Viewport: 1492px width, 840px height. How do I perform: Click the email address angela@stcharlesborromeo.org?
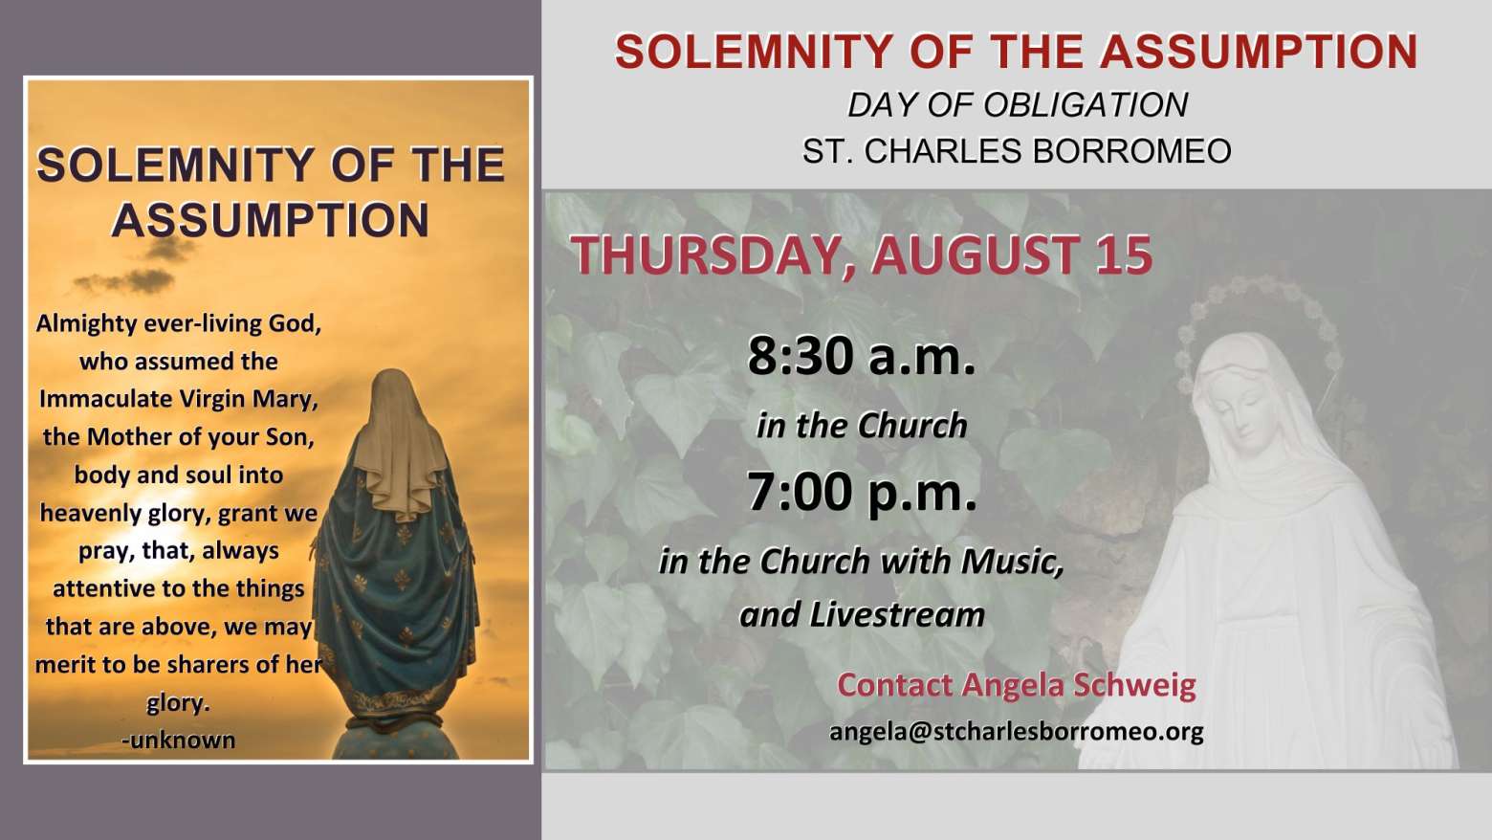click(x=1017, y=732)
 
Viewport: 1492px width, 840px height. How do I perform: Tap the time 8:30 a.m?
click(x=861, y=356)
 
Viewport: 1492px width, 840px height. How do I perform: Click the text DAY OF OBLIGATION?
click(x=1017, y=104)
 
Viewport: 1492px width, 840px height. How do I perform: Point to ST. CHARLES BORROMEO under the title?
click(x=1017, y=150)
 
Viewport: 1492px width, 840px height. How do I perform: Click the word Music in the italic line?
click(x=1012, y=562)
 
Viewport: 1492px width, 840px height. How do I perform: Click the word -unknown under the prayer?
click(x=179, y=741)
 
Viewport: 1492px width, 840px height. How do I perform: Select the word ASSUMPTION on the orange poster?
click(x=271, y=220)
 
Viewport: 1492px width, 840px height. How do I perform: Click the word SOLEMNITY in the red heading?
click(x=754, y=52)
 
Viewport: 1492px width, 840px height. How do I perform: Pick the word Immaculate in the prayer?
click(x=105, y=399)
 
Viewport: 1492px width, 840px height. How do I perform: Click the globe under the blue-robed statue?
click(x=396, y=741)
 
